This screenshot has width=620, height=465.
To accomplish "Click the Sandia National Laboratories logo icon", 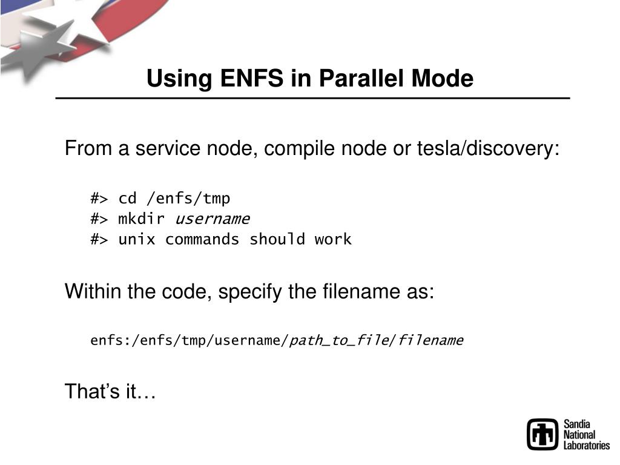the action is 542,435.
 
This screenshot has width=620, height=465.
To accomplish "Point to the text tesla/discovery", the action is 488,148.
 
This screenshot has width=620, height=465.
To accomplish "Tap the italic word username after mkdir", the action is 212,219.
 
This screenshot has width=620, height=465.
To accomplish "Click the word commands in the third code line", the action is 202,239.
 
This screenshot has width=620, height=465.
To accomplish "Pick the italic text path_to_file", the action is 339,340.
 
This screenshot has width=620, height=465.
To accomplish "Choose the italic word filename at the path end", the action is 430,340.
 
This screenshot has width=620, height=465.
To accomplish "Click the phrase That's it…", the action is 110,392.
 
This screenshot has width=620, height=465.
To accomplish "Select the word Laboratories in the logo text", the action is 587,446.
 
